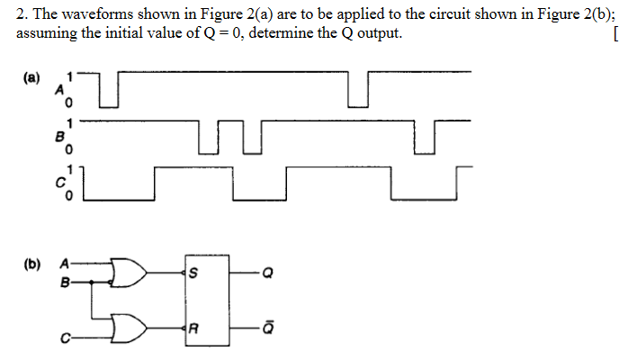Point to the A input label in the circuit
coord(63,265)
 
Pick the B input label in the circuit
coord(63,281)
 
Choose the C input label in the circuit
coord(63,338)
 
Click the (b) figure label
coord(31,265)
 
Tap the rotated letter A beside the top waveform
coord(60,89)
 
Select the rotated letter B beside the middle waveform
coord(60,138)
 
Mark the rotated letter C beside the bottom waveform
coord(60,184)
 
